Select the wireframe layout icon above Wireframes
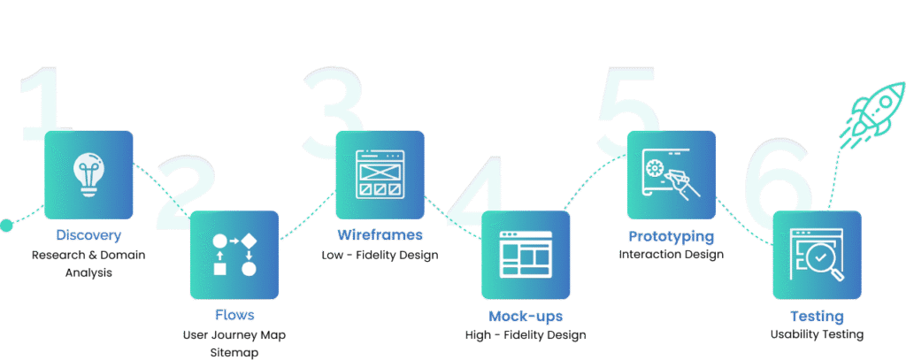[379, 174]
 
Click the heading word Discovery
[88, 236]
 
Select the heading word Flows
[234, 316]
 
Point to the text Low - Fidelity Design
[380, 256]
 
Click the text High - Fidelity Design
[525, 335]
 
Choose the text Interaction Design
[672, 255]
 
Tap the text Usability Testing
[817, 334]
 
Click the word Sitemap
[234, 352]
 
